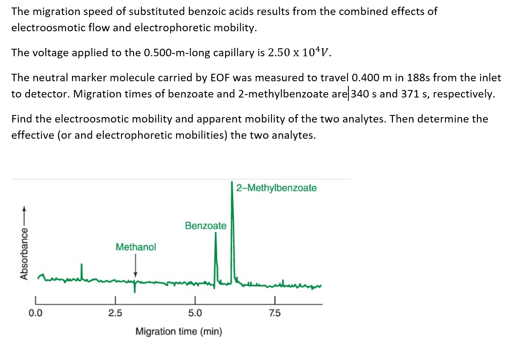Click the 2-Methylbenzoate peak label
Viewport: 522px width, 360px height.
[x=276, y=188]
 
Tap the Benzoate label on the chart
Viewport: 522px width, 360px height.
[x=206, y=226]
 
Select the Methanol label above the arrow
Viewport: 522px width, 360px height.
[x=136, y=247]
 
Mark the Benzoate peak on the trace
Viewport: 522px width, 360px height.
[x=216, y=235]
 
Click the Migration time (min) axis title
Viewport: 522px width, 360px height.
[x=179, y=332]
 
